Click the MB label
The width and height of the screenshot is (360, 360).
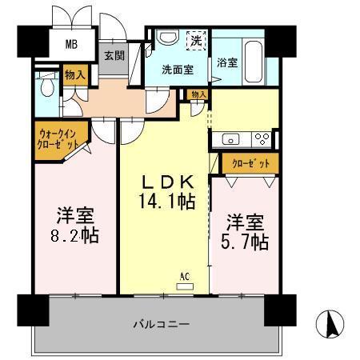click(x=71, y=43)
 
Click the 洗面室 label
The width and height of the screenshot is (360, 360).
click(x=178, y=69)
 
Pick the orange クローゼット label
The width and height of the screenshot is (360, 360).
click(x=250, y=163)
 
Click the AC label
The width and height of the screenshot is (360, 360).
click(x=185, y=277)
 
